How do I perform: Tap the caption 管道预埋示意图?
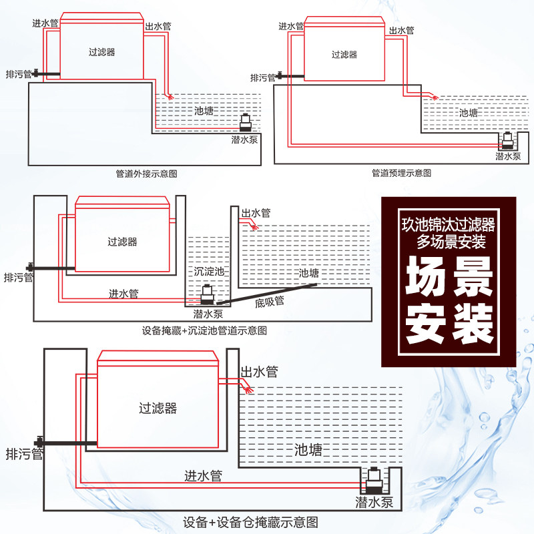coord(401,173)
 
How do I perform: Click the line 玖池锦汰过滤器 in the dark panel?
coord(449,225)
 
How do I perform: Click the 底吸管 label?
coord(270,301)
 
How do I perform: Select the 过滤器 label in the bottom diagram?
coord(158,408)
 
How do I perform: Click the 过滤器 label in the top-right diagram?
coord(344,55)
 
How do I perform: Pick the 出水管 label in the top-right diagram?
coord(402,30)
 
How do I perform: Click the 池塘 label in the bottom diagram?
coord(308,451)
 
